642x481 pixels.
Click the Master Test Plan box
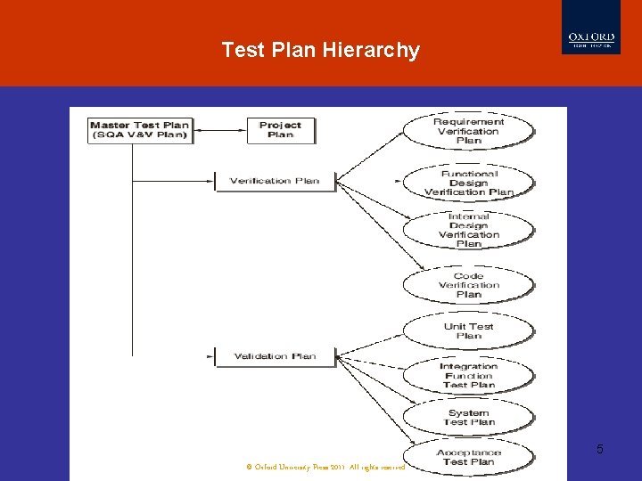pyautogui.click(x=140, y=130)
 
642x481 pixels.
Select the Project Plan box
pyautogui.click(x=280, y=130)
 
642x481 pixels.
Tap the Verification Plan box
pyautogui.click(x=274, y=181)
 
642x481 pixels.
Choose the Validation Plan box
pyautogui.click(x=275, y=356)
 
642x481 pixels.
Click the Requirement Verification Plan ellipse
pyautogui.click(x=469, y=130)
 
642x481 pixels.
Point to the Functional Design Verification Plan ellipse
pyautogui.click(x=469, y=183)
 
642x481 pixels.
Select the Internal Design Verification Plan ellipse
pyautogui.click(x=469, y=231)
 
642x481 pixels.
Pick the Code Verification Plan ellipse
pyautogui.click(x=469, y=285)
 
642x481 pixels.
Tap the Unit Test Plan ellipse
pyautogui.click(x=469, y=330)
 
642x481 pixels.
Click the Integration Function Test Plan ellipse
pyautogui.click(x=469, y=375)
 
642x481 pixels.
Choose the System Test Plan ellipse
pyautogui.click(x=469, y=417)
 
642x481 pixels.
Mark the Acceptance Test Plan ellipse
pyautogui.click(x=469, y=456)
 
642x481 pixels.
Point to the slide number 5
pyautogui.click(x=599, y=449)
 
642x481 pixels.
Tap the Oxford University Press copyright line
pyautogui.click(x=325, y=467)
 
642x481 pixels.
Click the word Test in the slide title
pyautogui.click(x=243, y=50)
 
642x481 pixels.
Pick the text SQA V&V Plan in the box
pyautogui.click(x=140, y=135)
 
